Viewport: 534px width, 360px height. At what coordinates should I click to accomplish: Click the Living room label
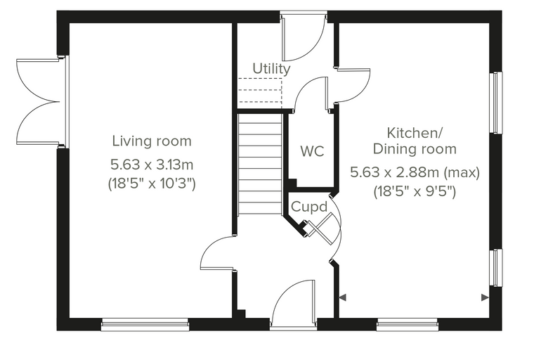(152, 141)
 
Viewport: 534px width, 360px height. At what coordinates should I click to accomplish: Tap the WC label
(312, 151)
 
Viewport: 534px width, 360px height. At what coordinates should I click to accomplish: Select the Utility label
(271, 68)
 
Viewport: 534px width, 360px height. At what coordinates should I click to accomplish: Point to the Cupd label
(309, 207)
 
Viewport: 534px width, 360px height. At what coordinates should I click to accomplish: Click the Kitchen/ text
(415, 133)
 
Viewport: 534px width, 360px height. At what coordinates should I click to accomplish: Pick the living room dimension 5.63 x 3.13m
(152, 165)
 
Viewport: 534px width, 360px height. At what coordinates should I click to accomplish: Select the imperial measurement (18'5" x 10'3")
(152, 184)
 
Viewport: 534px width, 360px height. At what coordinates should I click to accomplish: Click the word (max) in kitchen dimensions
(462, 172)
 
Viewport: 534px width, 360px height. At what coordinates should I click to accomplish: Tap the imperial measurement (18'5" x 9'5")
(415, 191)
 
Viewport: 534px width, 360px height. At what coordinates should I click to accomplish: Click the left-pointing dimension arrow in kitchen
(343, 297)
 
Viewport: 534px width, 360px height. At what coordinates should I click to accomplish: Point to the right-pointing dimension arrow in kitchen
(485, 297)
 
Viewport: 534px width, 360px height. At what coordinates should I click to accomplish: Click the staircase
(260, 165)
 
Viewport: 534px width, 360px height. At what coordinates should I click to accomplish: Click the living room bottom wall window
(145, 324)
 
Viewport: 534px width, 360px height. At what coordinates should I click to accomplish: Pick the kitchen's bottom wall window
(408, 324)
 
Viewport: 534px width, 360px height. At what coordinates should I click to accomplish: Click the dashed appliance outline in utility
(260, 90)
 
